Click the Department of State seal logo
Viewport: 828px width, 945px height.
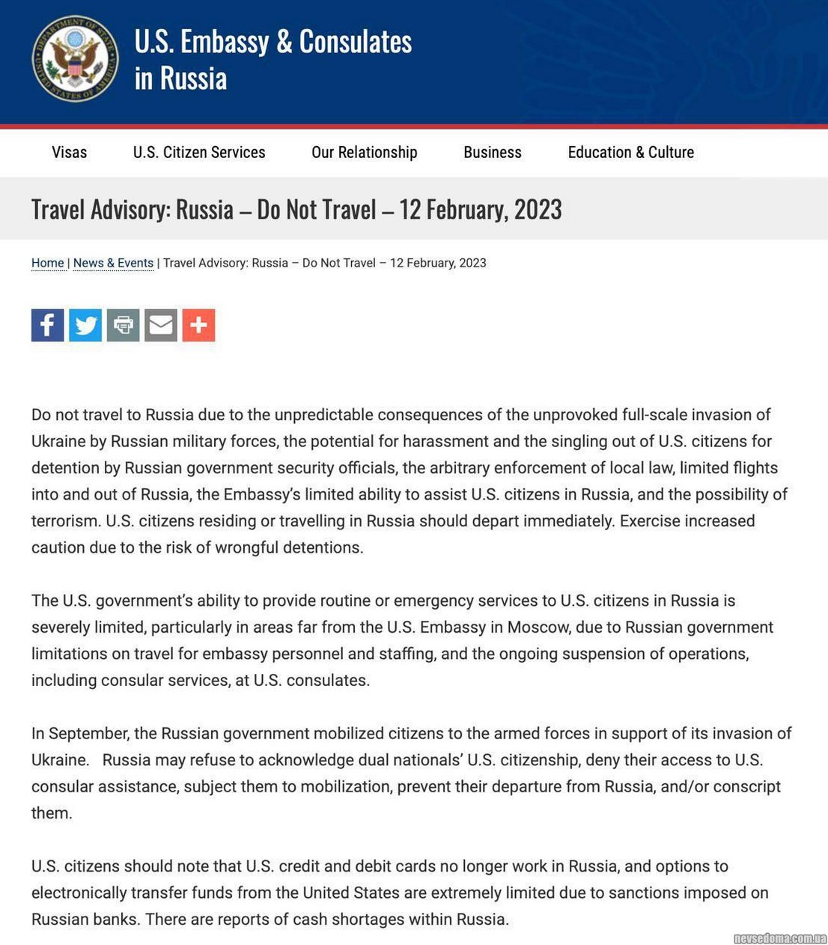tap(75, 58)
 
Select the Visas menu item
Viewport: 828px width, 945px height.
tap(69, 152)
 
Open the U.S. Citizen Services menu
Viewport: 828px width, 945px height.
tap(199, 152)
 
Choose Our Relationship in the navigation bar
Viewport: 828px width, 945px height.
tap(365, 152)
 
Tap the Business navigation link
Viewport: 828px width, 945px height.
tap(493, 152)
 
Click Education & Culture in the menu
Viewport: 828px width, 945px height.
tap(631, 152)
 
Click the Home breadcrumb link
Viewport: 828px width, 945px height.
tap(48, 263)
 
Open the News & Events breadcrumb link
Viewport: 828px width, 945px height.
tap(113, 263)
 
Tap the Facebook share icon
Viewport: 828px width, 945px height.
tap(47, 325)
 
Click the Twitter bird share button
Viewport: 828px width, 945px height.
tap(85, 325)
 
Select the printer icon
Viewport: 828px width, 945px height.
tap(123, 325)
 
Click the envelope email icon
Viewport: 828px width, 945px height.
tap(161, 325)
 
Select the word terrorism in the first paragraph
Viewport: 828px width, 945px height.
tap(64, 520)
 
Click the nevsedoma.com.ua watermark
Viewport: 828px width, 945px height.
tap(779, 938)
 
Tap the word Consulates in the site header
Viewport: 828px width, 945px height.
tap(356, 42)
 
